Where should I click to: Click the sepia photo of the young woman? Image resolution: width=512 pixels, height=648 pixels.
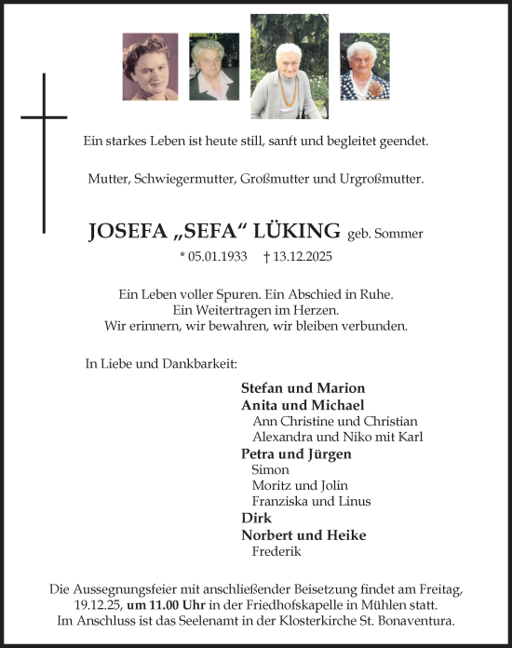click(150, 67)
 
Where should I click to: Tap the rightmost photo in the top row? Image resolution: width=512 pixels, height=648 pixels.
click(364, 67)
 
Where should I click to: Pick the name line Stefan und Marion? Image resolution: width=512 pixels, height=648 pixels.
click(303, 387)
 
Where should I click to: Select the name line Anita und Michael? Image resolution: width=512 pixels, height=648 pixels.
click(303, 405)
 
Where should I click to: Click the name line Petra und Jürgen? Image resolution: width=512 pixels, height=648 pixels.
click(296, 453)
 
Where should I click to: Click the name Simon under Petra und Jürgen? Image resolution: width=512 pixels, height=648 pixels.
click(270, 470)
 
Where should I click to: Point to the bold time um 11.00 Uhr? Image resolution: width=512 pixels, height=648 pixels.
click(172, 604)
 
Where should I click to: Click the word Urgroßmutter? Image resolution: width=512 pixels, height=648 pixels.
click(384, 177)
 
